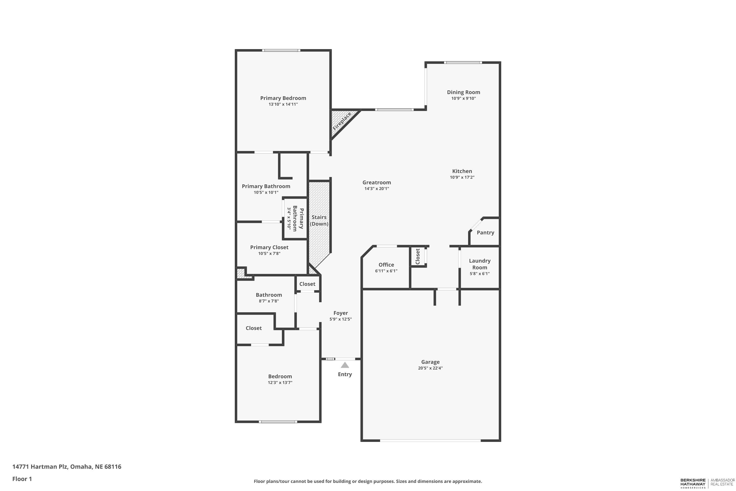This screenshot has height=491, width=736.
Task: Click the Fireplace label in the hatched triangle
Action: pos(342,121)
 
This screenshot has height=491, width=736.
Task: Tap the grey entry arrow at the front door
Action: pos(345,365)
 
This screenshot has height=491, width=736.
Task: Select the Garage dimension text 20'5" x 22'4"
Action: pos(430,368)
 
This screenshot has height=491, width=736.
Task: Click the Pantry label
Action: pos(485,233)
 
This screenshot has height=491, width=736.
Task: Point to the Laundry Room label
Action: pos(480,264)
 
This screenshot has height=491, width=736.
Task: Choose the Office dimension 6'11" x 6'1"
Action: pos(386,271)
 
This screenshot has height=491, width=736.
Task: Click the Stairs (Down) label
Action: pos(319,220)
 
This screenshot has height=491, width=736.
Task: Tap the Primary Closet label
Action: pos(269,247)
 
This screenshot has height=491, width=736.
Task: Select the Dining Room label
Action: pos(463,92)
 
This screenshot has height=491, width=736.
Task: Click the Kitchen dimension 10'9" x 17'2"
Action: pos(462,177)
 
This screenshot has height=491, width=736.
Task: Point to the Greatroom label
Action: pos(377,183)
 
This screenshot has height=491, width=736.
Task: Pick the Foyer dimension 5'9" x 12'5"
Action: pos(341,319)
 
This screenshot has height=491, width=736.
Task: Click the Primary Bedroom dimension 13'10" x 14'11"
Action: pos(283,104)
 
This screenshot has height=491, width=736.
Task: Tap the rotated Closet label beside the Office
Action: pos(418,257)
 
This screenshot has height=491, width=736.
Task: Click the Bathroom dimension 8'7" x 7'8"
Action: pos(269,301)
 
